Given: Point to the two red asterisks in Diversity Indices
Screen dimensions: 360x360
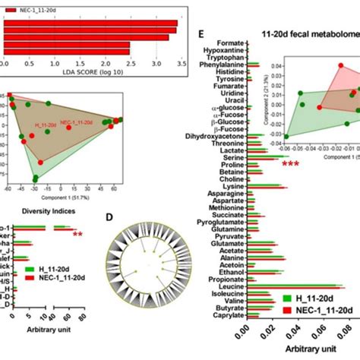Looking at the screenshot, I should point(77,234).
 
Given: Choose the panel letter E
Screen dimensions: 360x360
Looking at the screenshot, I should point(199,34).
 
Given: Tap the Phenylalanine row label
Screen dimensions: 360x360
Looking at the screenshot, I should point(219,66).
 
